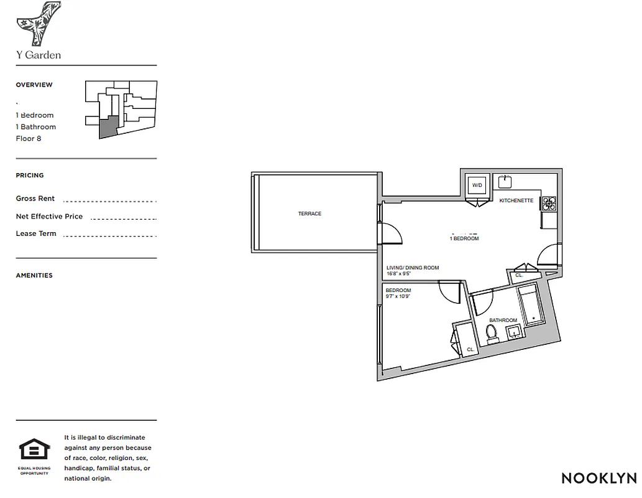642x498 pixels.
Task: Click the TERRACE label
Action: click(x=310, y=214)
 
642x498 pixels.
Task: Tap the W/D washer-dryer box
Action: click(x=477, y=185)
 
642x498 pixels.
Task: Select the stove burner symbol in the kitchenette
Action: click(x=549, y=202)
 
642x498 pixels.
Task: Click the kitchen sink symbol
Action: click(x=505, y=181)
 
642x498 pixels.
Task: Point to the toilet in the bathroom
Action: click(x=492, y=334)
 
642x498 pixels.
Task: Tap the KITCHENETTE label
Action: click(x=516, y=200)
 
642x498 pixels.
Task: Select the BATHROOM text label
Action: click(x=503, y=320)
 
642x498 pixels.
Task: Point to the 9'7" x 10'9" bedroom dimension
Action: click(x=398, y=296)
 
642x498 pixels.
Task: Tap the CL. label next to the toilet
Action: click(x=470, y=349)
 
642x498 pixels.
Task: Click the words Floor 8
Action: click(x=29, y=138)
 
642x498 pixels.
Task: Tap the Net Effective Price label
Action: click(x=49, y=216)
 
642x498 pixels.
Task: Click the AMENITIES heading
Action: click(x=34, y=275)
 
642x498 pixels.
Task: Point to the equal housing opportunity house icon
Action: click(x=34, y=449)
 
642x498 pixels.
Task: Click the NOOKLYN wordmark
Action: click(x=598, y=478)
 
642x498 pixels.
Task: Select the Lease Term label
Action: click(x=36, y=233)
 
